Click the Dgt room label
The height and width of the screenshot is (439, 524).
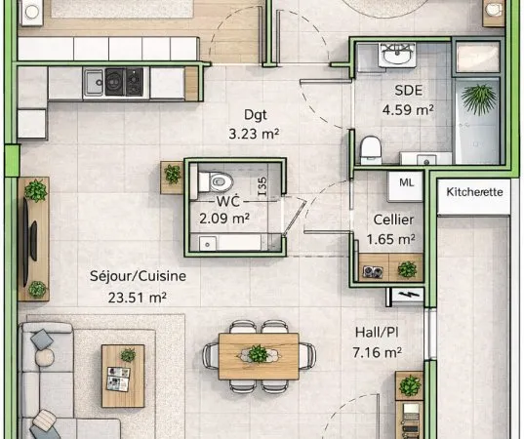256,114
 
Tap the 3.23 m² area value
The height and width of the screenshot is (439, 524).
254,134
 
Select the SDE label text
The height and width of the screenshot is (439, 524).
409,90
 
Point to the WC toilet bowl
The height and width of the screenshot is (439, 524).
216,182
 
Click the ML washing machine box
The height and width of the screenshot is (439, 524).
406,186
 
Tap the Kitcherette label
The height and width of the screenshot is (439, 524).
474,192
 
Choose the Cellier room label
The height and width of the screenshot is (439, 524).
393,219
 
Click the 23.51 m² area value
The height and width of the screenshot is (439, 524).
138,298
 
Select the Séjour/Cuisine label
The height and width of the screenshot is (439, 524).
138,276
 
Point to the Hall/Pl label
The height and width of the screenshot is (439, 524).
377,333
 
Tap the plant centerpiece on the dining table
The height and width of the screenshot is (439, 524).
258,354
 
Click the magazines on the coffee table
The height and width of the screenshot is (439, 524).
118,379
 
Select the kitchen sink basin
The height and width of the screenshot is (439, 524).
94,82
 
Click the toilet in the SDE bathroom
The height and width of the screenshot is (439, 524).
371,149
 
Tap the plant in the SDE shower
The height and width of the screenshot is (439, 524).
478,100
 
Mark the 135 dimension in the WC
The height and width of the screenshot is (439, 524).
262,186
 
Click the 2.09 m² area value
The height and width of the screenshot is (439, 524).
224,219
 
